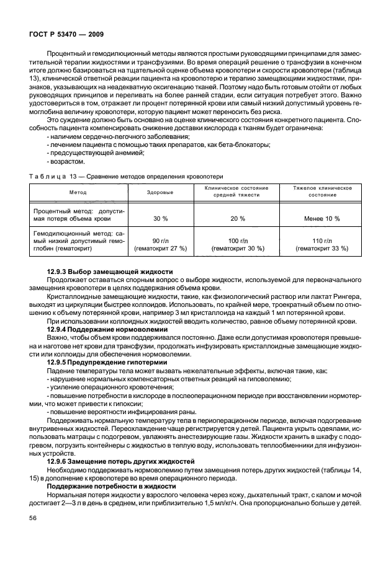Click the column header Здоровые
coord(160,193)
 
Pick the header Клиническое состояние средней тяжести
coord(236,191)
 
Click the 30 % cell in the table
coord(160,219)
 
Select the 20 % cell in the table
coord(237,219)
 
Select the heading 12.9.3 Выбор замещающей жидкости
coord(120,273)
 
